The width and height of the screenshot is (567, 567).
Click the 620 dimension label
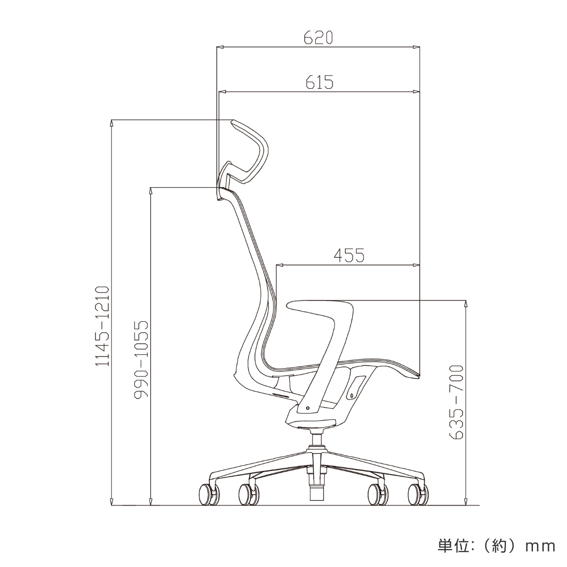(318, 37)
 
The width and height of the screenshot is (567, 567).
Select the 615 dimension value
(319, 82)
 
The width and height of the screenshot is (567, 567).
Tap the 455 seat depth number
(349, 255)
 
